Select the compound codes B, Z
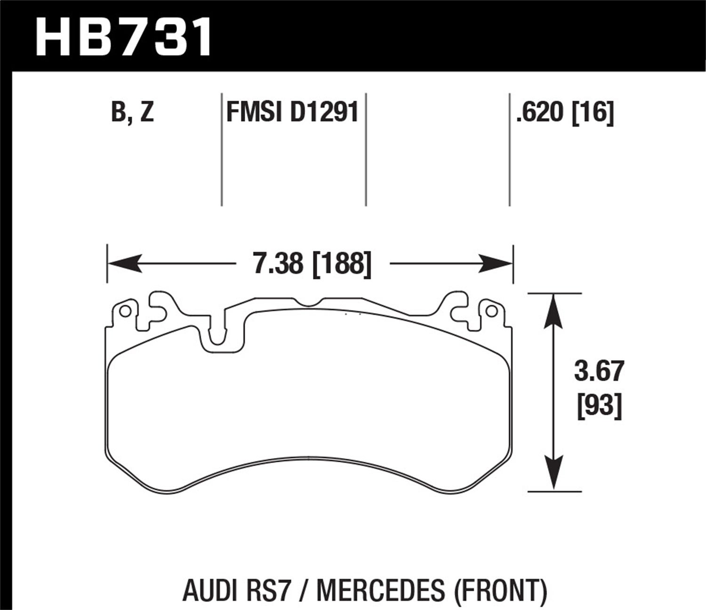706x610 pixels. (x=133, y=113)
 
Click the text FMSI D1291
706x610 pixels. (x=293, y=113)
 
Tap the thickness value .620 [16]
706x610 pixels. (x=565, y=113)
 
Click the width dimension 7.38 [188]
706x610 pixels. (x=312, y=264)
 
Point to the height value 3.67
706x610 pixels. (x=599, y=371)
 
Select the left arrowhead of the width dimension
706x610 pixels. (x=123, y=264)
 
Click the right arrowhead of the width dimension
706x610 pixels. (x=496, y=264)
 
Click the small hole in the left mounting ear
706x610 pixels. (x=125, y=312)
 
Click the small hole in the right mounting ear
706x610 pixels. (x=491, y=311)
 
